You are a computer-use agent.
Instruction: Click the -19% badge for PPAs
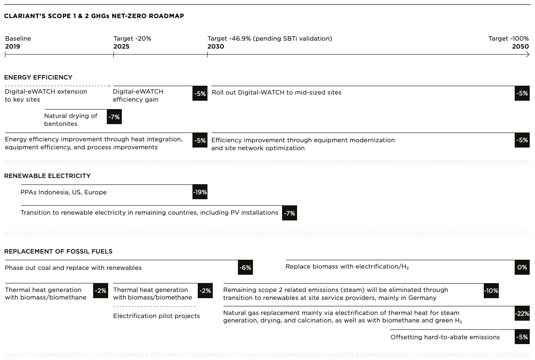point(200,192)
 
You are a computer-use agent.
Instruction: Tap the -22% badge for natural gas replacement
point(522,314)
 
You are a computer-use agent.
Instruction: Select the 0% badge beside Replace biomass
point(522,267)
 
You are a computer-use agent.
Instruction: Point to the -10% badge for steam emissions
point(491,291)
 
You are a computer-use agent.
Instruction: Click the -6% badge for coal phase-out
point(245,268)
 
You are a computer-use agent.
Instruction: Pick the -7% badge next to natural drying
point(114,117)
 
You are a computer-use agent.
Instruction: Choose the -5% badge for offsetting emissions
point(522,337)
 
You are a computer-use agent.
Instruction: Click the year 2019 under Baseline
point(13,46)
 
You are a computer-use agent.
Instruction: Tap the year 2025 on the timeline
point(121,46)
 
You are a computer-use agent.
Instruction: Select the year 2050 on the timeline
point(520,46)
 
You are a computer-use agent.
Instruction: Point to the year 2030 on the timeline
point(216,46)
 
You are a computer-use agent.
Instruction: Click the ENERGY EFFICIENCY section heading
point(38,77)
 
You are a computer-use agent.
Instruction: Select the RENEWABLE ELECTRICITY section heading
point(47,176)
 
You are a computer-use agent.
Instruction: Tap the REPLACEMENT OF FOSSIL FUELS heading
point(58,251)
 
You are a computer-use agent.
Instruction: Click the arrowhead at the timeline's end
point(527,55)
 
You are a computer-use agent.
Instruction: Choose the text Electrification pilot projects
point(157,316)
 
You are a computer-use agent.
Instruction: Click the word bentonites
point(61,124)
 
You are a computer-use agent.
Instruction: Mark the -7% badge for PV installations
point(289,213)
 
